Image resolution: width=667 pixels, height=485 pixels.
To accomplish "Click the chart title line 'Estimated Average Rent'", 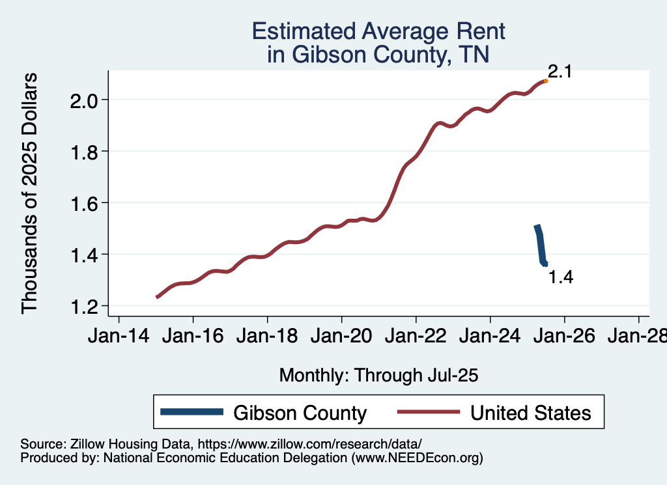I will pyautogui.click(x=378, y=31).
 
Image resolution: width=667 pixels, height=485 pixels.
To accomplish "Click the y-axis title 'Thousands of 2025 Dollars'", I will pyautogui.click(x=30, y=193).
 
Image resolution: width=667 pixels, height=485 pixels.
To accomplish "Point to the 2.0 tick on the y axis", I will pyautogui.click(x=85, y=100).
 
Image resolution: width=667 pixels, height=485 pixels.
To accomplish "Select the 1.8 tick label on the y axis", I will pyautogui.click(x=85, y=152).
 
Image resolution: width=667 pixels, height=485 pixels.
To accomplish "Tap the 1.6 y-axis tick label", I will pyautogui.click(x=85, y=203).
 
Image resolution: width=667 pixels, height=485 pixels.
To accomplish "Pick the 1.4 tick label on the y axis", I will pyautogui.click(x=85, y=255).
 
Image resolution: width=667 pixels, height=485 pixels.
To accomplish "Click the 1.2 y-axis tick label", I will pyautogui.click(x=85, y=306).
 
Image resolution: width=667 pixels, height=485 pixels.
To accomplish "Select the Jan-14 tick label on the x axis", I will pyautogui.click(x=119, y=337).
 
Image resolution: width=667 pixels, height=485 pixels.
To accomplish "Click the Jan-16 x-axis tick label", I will pyautogui.click(x=193, y=337).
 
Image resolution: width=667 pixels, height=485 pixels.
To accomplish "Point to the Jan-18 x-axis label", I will pyautogui.click(x=267, y=337).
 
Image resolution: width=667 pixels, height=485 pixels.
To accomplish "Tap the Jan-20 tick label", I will pyautogui.click(x=341, y=337).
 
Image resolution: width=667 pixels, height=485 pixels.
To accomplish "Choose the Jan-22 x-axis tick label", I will pyautogui.click(x=416, y=337).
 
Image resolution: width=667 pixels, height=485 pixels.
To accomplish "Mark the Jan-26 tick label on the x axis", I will pyautogui.click(x=564, y=337).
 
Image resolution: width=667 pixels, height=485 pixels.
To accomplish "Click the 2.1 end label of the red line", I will pyautogui.click(x=560, y=72).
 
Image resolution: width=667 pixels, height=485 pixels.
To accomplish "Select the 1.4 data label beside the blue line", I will pyautogui.click(x=561, y=277).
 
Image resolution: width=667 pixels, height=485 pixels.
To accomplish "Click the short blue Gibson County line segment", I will pyautogui.click(x=540, y=245).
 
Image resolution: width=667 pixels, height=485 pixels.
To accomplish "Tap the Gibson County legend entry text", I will pyautogui.click(x=300, y=413).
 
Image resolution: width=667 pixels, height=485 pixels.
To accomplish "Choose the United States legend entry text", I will pyautogui.click(x=531, y=413).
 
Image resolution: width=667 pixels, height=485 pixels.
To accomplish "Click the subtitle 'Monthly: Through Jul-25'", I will pyautogui.click(x=378, y=376).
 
